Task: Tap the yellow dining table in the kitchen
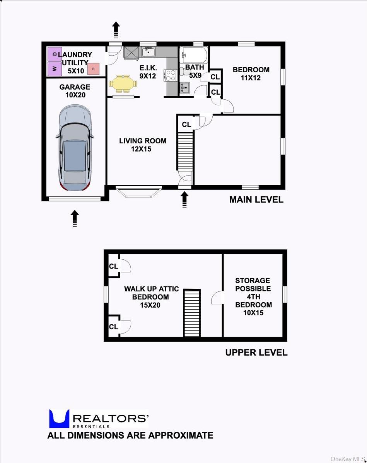click(x=122, y=83)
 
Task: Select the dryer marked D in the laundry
click(x=55, y=54)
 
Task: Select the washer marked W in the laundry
click(x=55, y=69)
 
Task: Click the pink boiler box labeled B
click(x=93, y=69)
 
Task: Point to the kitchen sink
click(x=148, y=52)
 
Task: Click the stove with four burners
click(x=171, y=75)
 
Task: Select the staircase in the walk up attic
click(x=192, y=313)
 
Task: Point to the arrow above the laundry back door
click(x=116, y=29)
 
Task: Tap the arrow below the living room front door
click(x=184, y=200)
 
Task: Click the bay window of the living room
click(x=138, y=192)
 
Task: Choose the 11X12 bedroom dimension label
click(x=251, y=78)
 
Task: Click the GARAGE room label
click(x=75, y=87)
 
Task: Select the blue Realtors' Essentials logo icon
click(x=59, y=419)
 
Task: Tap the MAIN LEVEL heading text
click(x=256, y=200)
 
